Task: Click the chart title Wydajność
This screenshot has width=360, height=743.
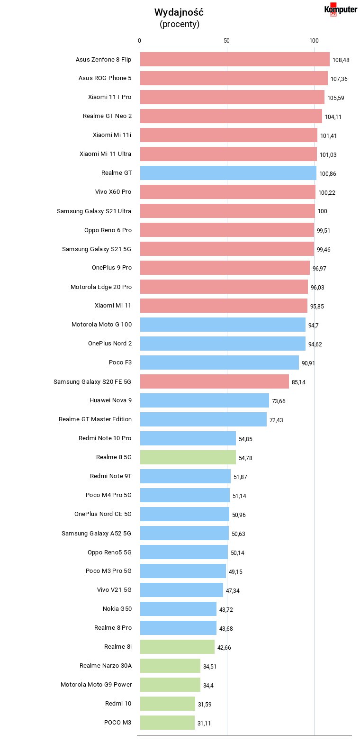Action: coord(179,12)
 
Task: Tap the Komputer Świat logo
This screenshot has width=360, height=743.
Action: coord(341,9)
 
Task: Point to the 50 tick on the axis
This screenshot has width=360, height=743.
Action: coord(226,40)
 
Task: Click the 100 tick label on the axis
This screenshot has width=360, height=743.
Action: coord(314,40)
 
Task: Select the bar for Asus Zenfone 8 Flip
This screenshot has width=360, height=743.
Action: coord(234,59)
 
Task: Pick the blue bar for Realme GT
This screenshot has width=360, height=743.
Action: coord(228,173)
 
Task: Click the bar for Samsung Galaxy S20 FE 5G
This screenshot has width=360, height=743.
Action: coord(215,381)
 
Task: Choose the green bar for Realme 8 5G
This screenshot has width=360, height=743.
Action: coord(188,457)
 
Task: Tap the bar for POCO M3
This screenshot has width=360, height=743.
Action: coord(167,723)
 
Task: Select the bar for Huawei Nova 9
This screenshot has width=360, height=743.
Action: coord(205,400)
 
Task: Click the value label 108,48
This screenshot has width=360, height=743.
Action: coord(341,60)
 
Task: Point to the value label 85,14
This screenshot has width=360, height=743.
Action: coord(298,382)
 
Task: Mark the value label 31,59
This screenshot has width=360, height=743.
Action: coord(205,704)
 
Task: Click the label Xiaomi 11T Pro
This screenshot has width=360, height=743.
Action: coord(110,97)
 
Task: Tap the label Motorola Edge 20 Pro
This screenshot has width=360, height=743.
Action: coord(101,287)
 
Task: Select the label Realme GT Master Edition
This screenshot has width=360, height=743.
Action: coord(95,419)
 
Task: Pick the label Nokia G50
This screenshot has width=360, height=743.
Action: coord(117,608)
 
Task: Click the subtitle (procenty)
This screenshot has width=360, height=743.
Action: coord(180,24)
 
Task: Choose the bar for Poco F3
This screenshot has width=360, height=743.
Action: coord(219,362)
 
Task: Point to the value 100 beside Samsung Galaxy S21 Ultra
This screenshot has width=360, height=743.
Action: coord(322,211)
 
